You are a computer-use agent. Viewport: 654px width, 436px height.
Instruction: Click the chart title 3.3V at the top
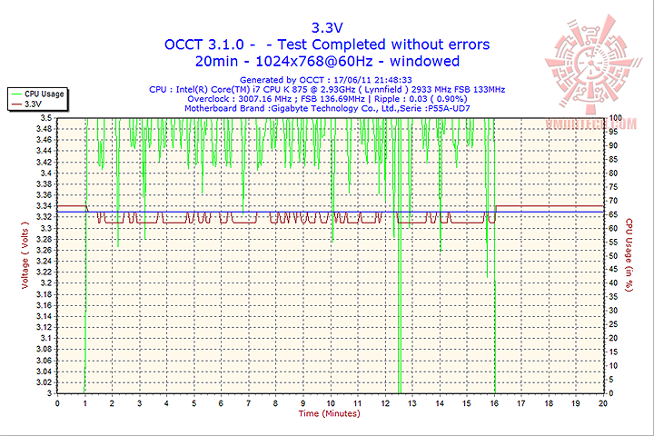(x=326, y=26)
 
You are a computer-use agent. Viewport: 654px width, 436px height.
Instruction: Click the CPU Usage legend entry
(x=43, y=94)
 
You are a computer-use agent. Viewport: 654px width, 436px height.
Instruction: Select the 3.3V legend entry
(x=34, y=104)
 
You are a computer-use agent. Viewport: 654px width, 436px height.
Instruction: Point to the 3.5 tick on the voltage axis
(x=45, y=118)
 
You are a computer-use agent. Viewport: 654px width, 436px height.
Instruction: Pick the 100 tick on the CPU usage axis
(x=615, y=118)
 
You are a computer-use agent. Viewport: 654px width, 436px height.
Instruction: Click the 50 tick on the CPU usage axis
(x=613, y=256)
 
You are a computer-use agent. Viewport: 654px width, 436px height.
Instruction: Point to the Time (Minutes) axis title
(x=329, y=413)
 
